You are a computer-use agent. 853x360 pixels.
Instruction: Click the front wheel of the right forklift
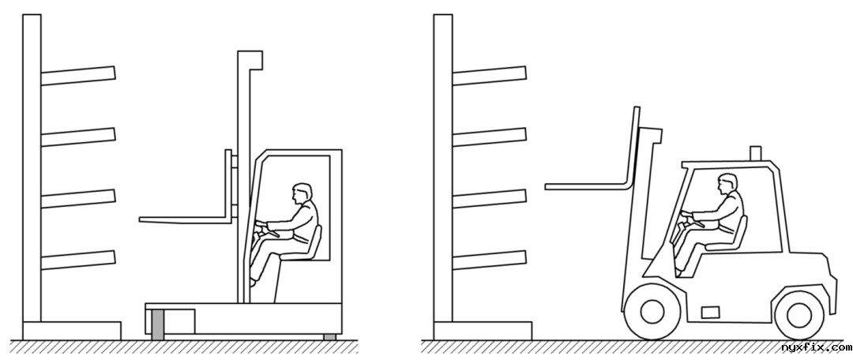click(x=653, y=312)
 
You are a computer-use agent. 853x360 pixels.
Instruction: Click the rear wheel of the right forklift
click(x=799, y=316)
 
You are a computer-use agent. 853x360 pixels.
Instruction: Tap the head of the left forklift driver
click(x=302, y=193)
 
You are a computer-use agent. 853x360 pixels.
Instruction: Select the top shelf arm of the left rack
click(x=78, y=76)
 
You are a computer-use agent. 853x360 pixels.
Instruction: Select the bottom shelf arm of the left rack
click(x=78, y=260)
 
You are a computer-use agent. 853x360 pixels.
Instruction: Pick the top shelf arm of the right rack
click(x=489, y=76)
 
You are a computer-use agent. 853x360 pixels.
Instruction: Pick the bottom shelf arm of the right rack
click(x=489, y=260)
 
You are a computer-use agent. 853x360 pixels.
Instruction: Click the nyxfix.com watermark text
click(x=815, y=347)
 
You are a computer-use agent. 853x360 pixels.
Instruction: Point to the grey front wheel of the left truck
click(x=157, y=324)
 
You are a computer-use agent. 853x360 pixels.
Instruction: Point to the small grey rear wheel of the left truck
click(x=329, y=337)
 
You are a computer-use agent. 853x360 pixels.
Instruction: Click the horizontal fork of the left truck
click(x=185, y=220)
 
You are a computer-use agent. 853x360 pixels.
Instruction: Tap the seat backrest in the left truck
click(x=314, y=242)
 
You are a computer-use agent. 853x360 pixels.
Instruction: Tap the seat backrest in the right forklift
click(x=740, y=232)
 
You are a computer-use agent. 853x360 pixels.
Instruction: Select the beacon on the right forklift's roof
click(x=755, y=153)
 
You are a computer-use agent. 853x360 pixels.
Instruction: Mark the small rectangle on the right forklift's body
click(x=711, y=312)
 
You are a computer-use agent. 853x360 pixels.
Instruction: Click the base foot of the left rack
click(x=72, y=331)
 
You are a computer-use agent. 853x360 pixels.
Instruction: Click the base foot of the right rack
click(x=483, y=331)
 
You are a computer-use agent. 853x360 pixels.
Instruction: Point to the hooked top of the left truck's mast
click(x=250, y=60)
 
